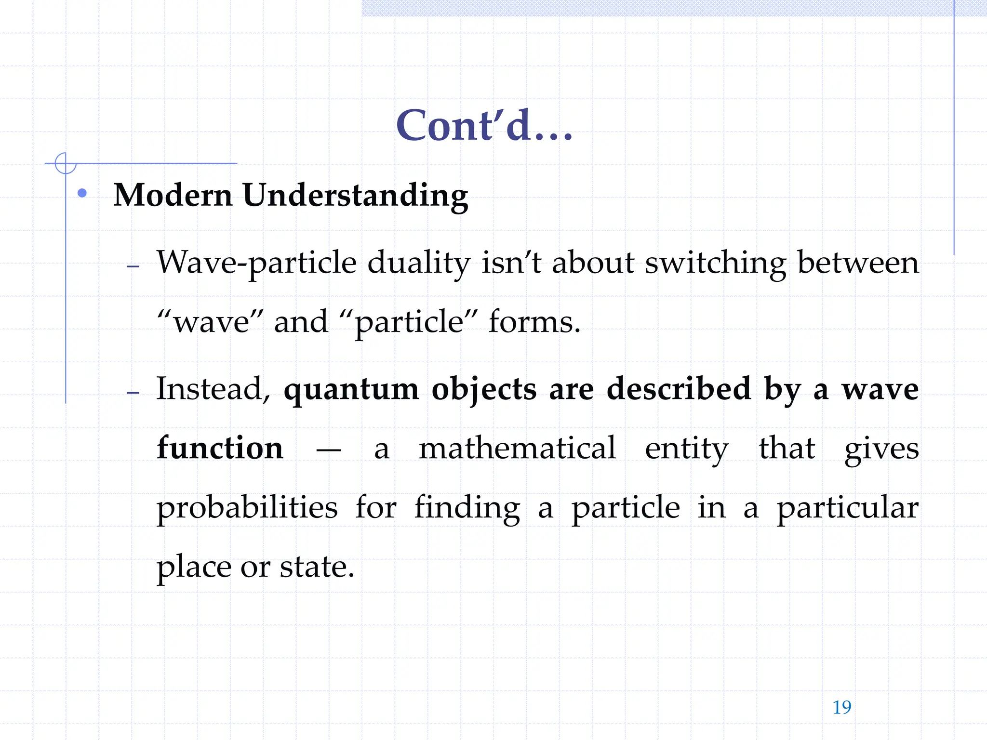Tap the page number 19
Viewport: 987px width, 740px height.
click(841, 707)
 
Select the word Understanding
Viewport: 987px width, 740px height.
click(355, 196)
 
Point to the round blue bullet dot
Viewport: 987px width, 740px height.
click(82, 193)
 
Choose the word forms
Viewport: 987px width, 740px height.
click(534, 321)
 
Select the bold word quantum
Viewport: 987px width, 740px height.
click(351, 389)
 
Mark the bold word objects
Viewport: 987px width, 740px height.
click(483, 389)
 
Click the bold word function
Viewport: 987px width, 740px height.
click(220, 448)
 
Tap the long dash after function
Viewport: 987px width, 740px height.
click(329, 450)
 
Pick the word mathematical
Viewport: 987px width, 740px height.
click(517, 448)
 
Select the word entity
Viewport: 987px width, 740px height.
click(686, 449)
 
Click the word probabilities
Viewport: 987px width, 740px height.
click(247, 508)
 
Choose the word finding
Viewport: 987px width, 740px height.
click(467, 508)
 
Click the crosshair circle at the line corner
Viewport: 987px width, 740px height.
click(66, 163)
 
